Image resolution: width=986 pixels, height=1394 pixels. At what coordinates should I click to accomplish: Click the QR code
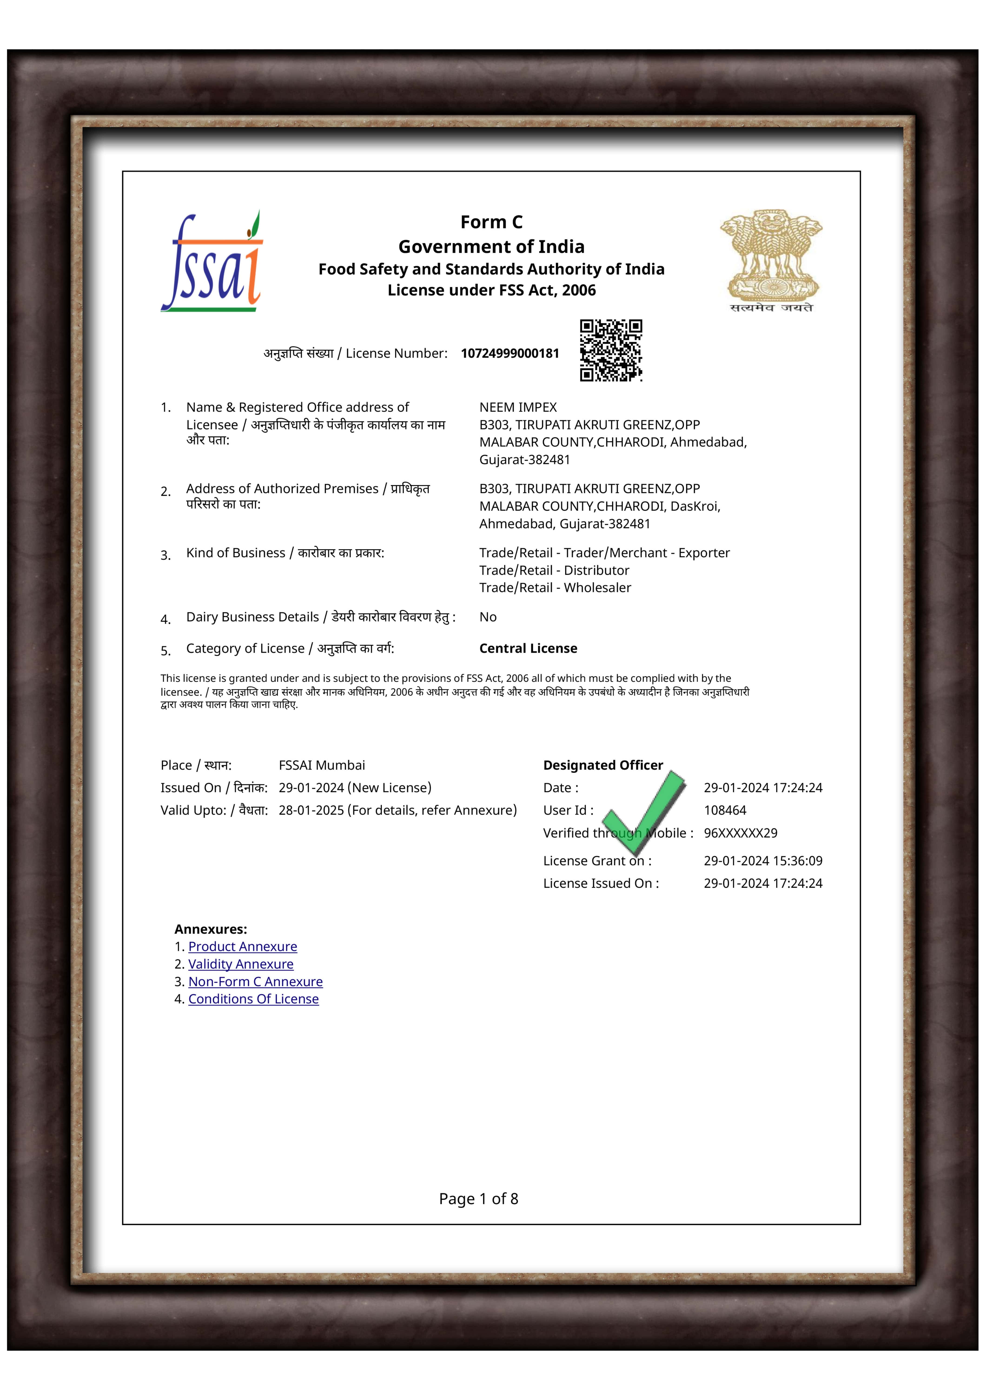coord(611,350)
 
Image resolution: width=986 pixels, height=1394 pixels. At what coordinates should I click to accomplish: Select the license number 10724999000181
coord(510,353)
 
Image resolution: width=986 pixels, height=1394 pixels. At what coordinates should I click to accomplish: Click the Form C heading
coord(491,222)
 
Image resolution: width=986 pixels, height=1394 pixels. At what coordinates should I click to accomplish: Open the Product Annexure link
coord(242,947)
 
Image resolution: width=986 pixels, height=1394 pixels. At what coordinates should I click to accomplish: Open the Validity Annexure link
coord(241,964)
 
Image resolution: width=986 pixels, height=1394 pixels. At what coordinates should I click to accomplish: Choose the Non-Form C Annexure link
coord(255,982)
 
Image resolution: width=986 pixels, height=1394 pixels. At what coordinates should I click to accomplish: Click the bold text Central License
coord(528,648)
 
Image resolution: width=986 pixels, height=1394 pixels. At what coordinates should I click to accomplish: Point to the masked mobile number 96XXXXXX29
coord(740,833)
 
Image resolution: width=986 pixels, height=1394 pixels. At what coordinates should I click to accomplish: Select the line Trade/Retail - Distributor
coord(554,570)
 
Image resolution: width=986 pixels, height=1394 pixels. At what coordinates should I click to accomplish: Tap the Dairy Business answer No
coord(488,617)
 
